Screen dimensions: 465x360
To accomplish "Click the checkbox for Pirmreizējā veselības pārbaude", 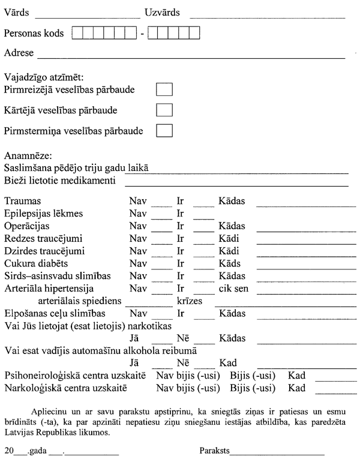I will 164,90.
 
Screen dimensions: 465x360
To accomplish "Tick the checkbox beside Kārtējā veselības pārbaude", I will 164,110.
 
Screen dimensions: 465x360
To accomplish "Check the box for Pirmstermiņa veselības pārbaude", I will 164,130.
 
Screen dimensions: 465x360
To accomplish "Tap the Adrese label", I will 19,53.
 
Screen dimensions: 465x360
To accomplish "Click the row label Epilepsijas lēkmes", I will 43,213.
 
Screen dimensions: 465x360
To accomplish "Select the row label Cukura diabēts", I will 36,263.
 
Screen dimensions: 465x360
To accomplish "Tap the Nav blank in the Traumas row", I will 161,203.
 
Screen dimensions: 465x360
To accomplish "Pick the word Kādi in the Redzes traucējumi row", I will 229,238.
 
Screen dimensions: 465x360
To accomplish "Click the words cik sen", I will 233,289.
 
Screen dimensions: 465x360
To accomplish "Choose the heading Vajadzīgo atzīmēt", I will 44,77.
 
